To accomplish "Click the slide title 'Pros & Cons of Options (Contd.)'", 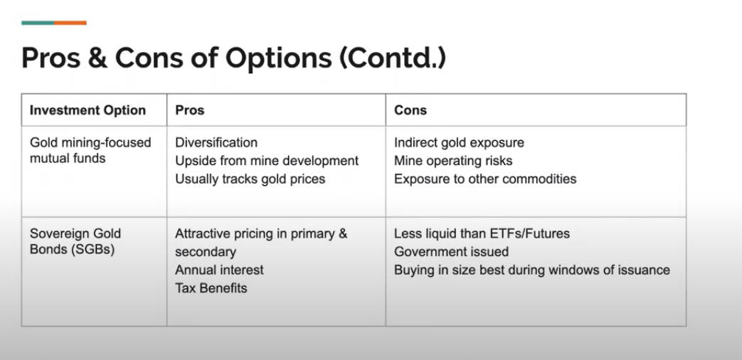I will coord(233,58).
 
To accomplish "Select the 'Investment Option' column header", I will coord(88,110).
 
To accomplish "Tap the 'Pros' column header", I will coord(190,110).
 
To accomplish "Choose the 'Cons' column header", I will coord(410,110).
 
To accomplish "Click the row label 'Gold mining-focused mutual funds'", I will coord(90,150).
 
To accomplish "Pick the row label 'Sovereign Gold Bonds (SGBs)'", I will coord(75,243).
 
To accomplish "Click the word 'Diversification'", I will coord(216,143).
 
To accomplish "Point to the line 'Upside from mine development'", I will coord(267,161).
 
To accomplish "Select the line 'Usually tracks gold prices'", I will coord(250,179).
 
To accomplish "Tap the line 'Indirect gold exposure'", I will coord(459,143).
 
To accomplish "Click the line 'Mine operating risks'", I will coord(453,161).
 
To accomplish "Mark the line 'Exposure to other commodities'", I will coord(485,179).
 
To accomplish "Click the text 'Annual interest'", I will coord(219,270).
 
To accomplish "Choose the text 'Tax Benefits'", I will coord(211,288).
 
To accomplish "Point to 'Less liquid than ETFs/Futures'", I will coord(482,233).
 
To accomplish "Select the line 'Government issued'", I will coord(451,252).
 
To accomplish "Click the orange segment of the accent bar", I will coord(70,23).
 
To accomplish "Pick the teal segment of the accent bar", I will coord(38,23).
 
